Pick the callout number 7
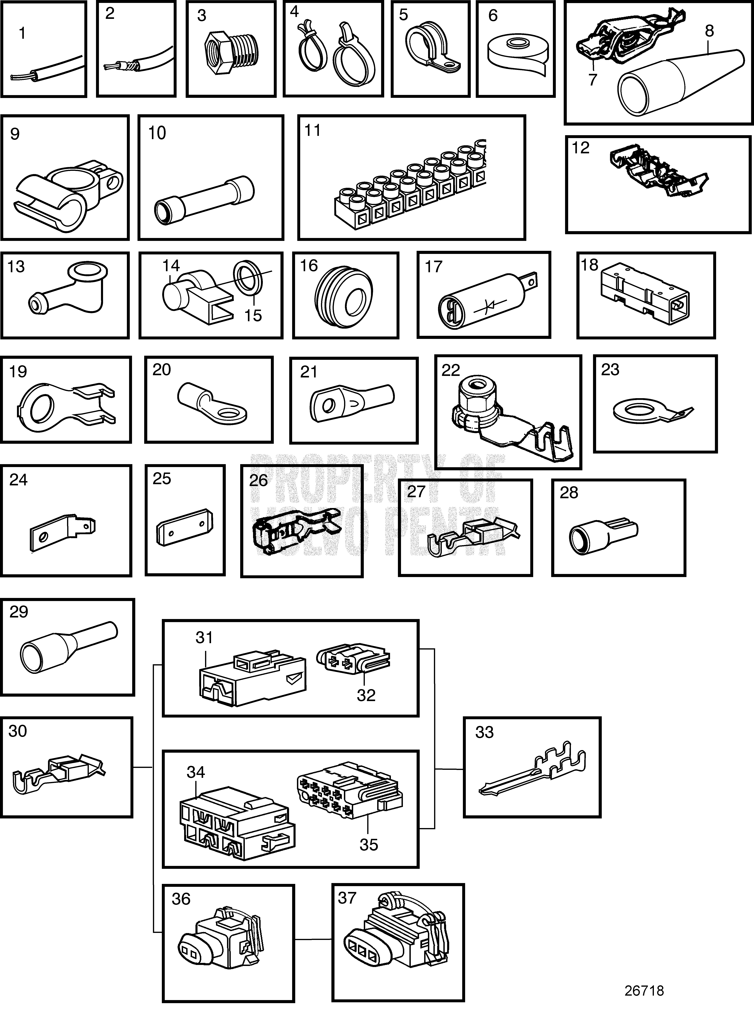click(x=593, y=80)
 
